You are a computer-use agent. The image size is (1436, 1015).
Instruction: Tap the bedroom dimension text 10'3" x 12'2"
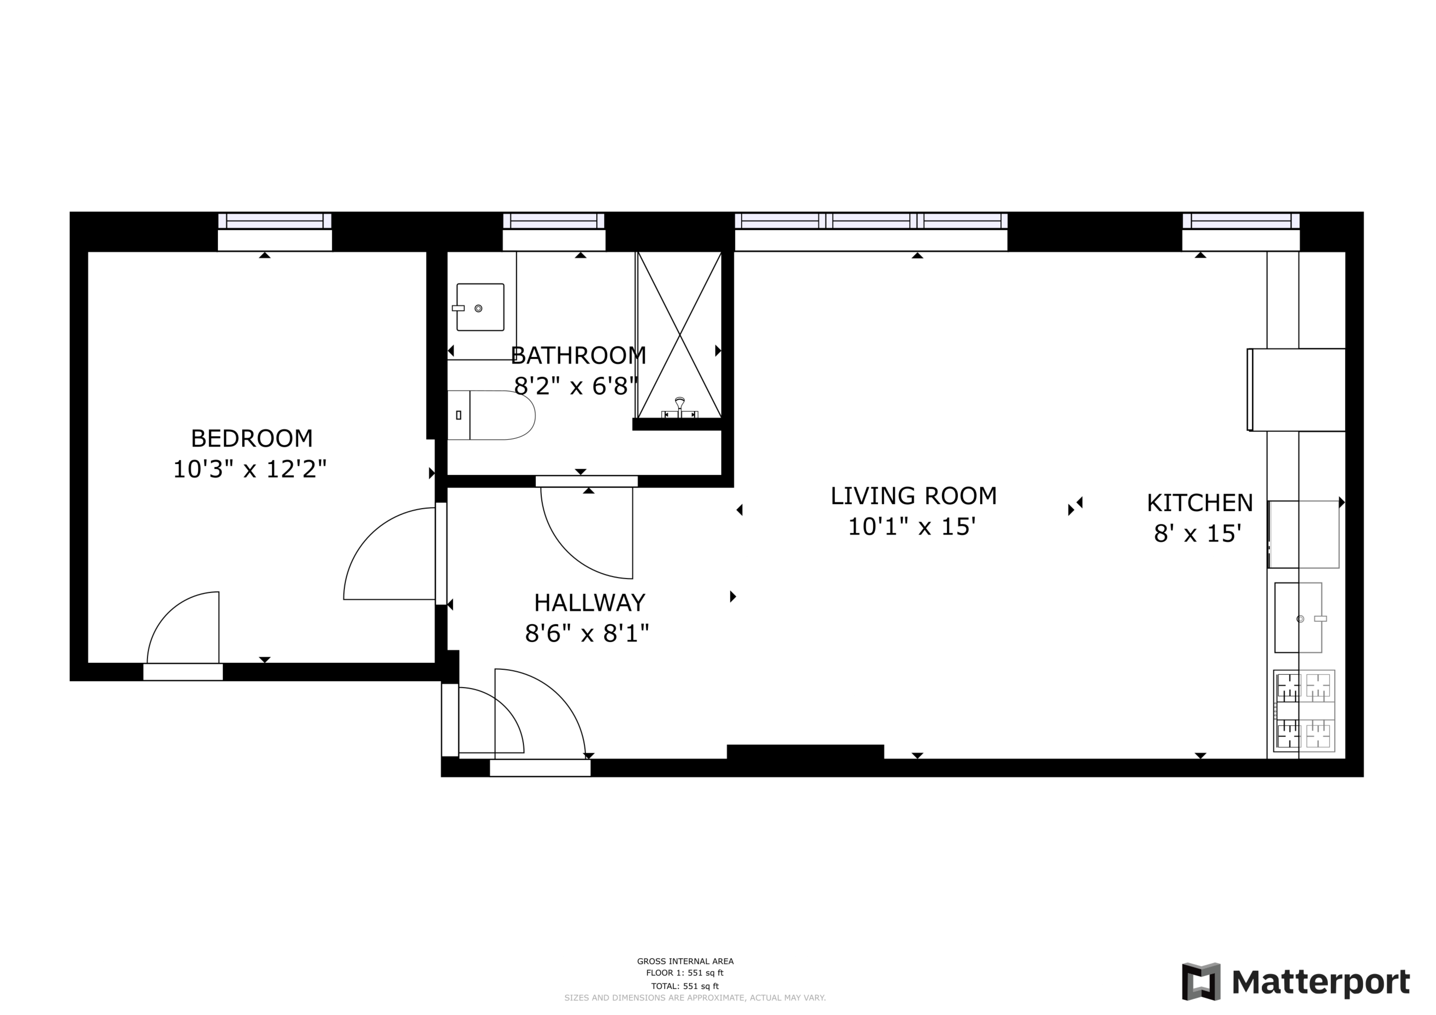click(x=250, y=469)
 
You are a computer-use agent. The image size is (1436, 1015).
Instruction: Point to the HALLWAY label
click(x=589, y=603)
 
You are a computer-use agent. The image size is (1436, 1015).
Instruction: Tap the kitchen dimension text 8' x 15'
click(x=1197, y=533)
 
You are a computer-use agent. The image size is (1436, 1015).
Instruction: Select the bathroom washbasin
click(x=480, y=307)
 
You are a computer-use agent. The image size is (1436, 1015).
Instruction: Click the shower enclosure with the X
click(x=679, y=334)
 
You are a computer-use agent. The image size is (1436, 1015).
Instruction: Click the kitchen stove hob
click(x=1304, y=711)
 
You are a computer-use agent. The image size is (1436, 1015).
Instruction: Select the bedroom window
click(x=275, y=221)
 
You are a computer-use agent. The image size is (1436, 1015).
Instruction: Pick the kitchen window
click(x=1241, y=221)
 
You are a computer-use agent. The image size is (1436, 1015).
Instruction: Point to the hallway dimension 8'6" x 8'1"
click(x=587, y=634)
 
